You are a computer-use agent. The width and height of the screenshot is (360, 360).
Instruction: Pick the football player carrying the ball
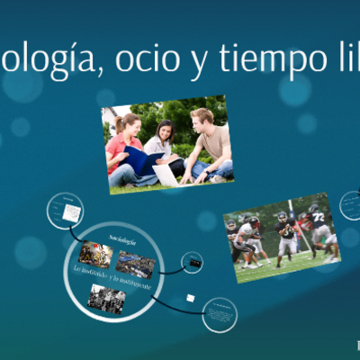286,236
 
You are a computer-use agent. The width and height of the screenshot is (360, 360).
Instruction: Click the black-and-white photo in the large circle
106,298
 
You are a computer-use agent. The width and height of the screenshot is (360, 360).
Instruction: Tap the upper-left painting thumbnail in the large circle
95,253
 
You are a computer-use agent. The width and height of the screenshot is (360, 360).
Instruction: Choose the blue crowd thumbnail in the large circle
136,263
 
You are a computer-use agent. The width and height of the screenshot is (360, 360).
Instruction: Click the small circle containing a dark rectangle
192,263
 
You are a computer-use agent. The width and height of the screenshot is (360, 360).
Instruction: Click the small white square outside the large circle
189,297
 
